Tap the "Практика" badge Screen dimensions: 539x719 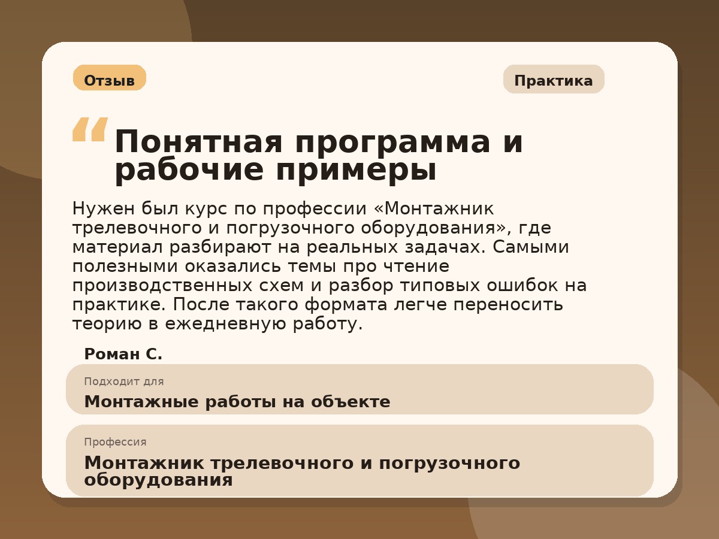[x=553, y=80]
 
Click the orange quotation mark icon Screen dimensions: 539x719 [x=90, y=129]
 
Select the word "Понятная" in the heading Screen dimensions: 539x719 [x=198, y=143]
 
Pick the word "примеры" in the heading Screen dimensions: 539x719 [x=356, y=171]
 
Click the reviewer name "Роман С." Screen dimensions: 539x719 [x=123, y=354]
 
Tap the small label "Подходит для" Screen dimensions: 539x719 [x=123, y=381]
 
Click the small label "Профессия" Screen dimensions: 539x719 [x=115, y=442]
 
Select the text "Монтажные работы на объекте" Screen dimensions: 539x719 [x=237, y=401]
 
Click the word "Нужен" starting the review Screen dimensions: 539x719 [x=102, y=208]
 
